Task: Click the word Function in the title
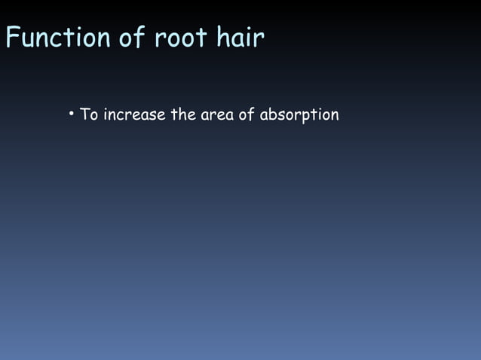coord(58,37)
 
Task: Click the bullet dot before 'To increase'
coord(70,114)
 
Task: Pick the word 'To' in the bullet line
coord(89,115)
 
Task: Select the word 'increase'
coord(134,115)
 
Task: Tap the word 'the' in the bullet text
coord(183,115)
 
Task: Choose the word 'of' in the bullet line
coord(247,115)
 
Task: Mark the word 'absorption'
coord(299,116)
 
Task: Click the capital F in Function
coord(12,37)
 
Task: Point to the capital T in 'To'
coord(84,115)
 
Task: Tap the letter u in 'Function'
coord(29,38)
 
